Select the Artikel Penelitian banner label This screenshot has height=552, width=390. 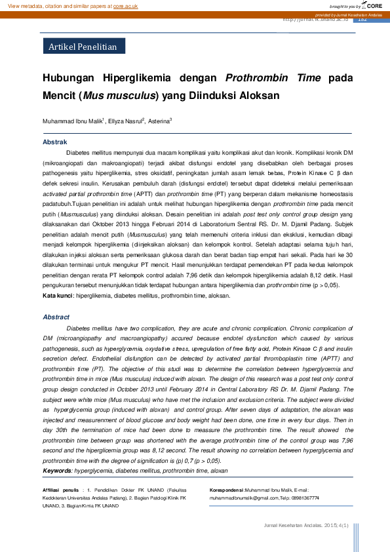point(83,47)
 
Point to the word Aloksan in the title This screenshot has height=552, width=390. point(258,95)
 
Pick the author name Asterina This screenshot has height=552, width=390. point(158,122)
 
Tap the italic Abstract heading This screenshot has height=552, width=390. point(56,317)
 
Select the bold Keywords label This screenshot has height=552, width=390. point(58,471)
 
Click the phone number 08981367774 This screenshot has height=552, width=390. point(305,498)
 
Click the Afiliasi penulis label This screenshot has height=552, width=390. point(60,490)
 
